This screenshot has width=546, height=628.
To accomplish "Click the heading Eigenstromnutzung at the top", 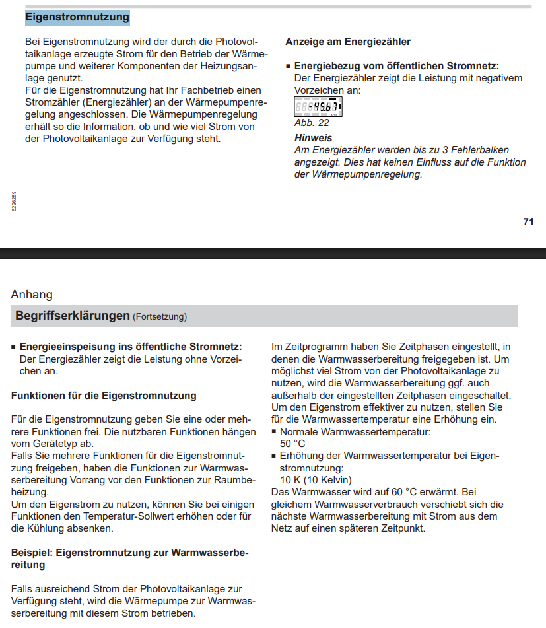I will [x=77, y=17].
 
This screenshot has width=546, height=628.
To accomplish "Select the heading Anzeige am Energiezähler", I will [x=348, y=42].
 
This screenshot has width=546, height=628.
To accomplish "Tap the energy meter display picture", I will [x=318, y=106].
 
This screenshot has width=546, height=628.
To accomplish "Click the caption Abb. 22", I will [x=312, y=122].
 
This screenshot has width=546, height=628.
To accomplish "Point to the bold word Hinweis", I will [x=314, y=138].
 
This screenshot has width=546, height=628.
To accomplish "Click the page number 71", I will [x=528, y=222].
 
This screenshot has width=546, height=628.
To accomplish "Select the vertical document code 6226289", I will [x=14, y=201].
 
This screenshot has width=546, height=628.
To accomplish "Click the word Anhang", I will [x=32, y=295].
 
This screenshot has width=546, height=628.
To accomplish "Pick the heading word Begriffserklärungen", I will [x=73, y=316].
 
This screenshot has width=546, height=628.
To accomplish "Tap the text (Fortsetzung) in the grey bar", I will [x=160, y=317].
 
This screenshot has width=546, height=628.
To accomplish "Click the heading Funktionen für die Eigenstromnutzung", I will [x=104, y=396].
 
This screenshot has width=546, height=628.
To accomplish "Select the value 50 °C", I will [x=292, y=443].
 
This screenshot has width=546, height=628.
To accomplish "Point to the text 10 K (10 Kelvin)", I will [x=316, y=479].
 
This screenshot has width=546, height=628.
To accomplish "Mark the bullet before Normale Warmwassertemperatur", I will [x=275, y=432].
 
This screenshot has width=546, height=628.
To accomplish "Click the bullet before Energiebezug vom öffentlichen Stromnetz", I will [x=289, y=67].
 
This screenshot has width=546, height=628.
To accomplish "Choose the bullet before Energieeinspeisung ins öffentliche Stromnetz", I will [x=14, y=347].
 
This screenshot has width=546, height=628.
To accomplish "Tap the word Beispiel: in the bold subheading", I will [x=32, y=552].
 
